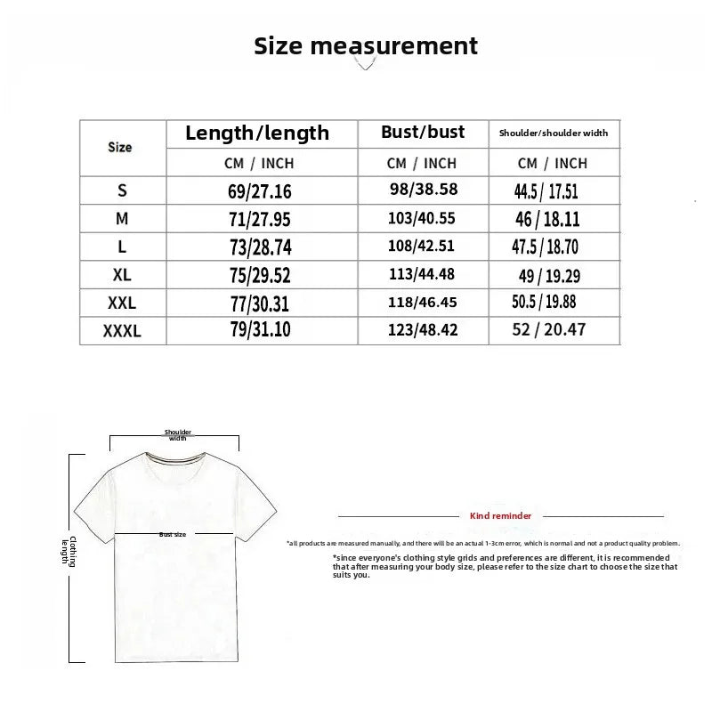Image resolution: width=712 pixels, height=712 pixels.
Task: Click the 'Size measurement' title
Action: (x=366, y=45)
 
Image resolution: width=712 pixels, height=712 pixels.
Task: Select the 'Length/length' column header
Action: (x=257, y=133)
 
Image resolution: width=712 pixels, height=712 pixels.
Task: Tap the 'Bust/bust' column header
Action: (x=423, y=133)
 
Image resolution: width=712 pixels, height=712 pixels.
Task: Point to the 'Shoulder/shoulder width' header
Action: (x=553, y=133)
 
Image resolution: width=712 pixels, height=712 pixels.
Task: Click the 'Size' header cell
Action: (x=120, y=148)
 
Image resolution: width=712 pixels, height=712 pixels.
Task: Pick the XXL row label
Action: (x=122, y=303)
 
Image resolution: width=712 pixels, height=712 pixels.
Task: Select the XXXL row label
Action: (x=122, y=331)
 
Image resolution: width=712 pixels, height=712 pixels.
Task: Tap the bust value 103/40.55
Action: (x=422, y=217)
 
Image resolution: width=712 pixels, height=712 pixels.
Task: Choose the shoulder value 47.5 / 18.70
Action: (x=546, y=247)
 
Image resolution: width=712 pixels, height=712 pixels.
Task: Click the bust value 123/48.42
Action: (x=422, y=330)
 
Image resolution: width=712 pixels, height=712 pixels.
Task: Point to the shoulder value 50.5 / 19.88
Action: (x=545, y=303)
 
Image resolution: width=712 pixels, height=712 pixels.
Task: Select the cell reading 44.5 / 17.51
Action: (x=546, y=190)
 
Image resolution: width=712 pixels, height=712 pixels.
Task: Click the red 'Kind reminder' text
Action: (x=500, y=516)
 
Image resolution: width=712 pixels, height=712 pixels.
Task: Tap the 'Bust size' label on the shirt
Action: (x=173, y=535)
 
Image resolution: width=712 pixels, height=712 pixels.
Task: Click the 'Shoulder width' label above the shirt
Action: (x=178, y=435)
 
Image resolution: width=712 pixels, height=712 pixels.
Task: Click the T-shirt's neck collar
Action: (x=173, y=460)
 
